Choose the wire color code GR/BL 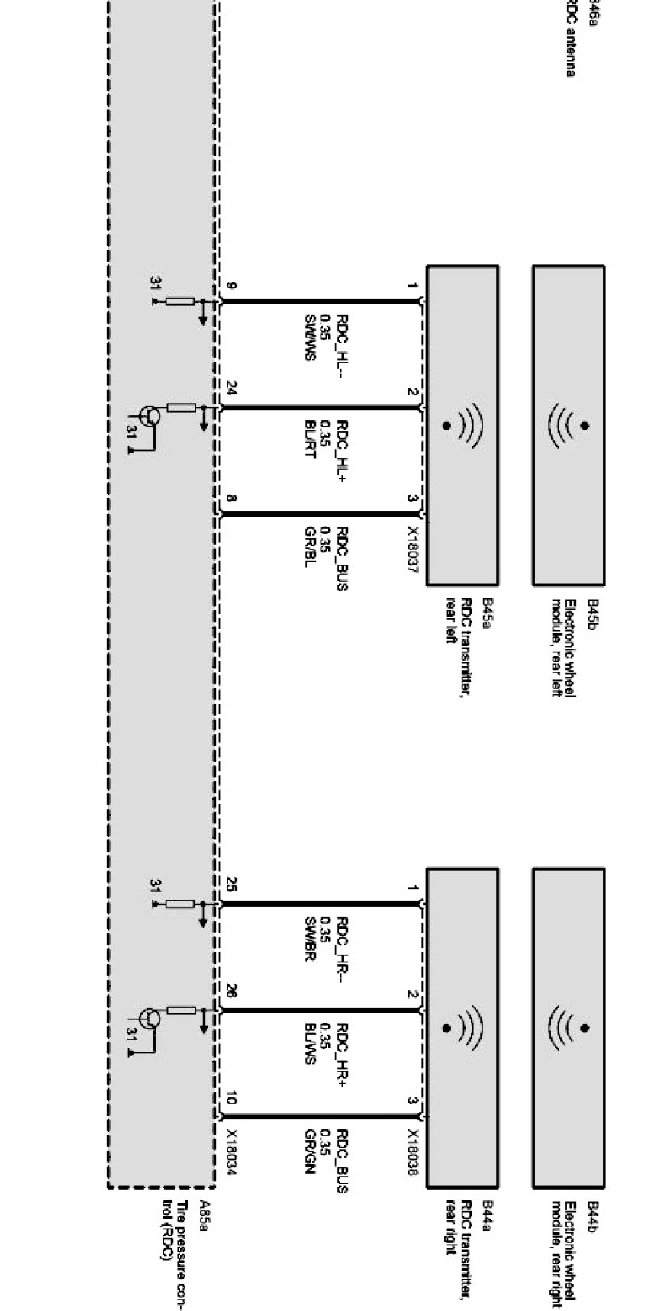pos(311,547)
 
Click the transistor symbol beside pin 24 pos(150,417)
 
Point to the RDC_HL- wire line pos(321,302)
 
